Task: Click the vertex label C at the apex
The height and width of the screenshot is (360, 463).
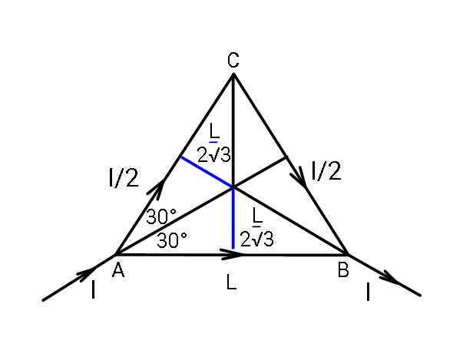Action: tap(233, 60)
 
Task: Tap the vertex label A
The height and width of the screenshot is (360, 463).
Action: tap(118, 270)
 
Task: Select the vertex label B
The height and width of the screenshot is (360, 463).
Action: tap(343, 269)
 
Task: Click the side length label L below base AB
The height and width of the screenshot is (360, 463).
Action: tap(232, 282)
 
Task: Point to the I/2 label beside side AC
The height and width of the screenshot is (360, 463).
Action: tap(124, 177)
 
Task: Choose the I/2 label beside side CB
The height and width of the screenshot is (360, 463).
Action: tap(326, 170)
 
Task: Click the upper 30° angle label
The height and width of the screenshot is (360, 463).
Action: tap(161, 216)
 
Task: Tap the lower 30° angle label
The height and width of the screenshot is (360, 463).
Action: tap(172, 239)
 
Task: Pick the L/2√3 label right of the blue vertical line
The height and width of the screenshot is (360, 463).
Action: tap(257, 227)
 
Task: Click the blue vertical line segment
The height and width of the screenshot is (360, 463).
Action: tap(233, 218)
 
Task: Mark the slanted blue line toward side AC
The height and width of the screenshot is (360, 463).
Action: tap(207, 172)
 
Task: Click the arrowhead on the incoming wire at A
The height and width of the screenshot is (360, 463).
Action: tap(87, 272)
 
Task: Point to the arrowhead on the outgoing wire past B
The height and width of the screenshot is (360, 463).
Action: tap(390, 279)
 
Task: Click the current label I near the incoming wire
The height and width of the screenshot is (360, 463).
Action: tap(94, 289)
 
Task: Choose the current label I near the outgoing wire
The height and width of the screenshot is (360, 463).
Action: tap(368, 292)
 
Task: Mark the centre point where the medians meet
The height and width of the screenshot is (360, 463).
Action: tap(233, 187)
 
